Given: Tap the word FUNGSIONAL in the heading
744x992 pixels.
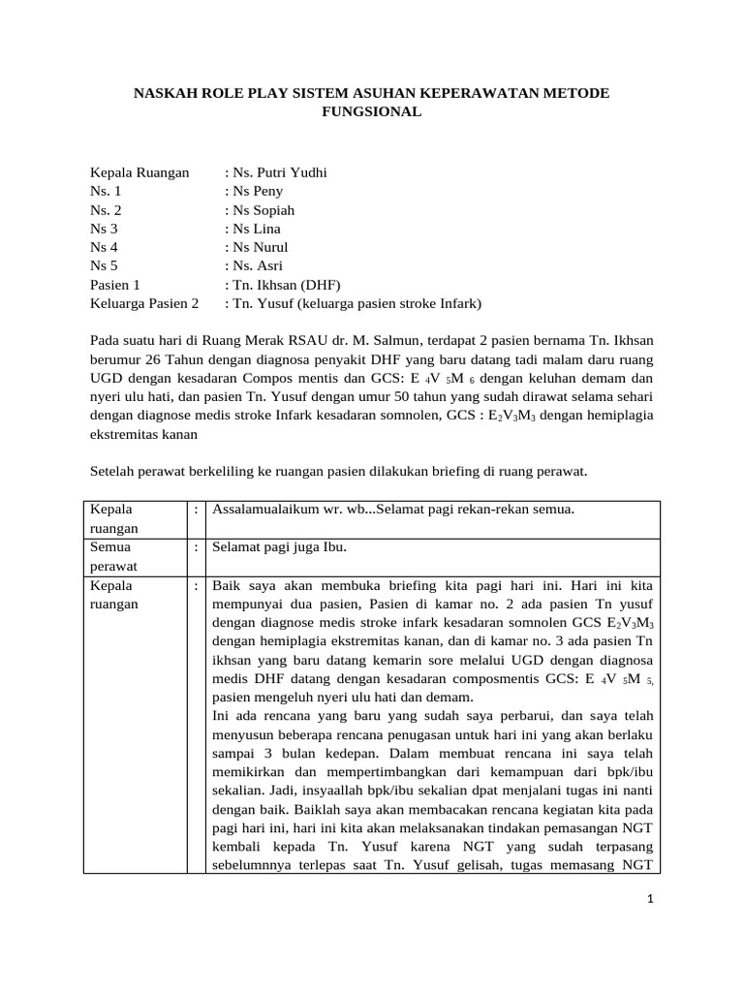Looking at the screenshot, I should pos(371,112).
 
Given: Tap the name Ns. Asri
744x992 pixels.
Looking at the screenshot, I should pos(254,265).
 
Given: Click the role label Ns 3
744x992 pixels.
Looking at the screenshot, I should pos(104,229).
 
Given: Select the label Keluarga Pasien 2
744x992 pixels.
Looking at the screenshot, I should pos(144,303).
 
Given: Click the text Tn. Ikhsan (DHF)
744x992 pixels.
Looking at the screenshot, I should pos(282,285).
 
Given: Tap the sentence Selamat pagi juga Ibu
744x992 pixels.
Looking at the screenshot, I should pos(279,547).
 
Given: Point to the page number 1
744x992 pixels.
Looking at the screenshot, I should pos(651,898).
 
